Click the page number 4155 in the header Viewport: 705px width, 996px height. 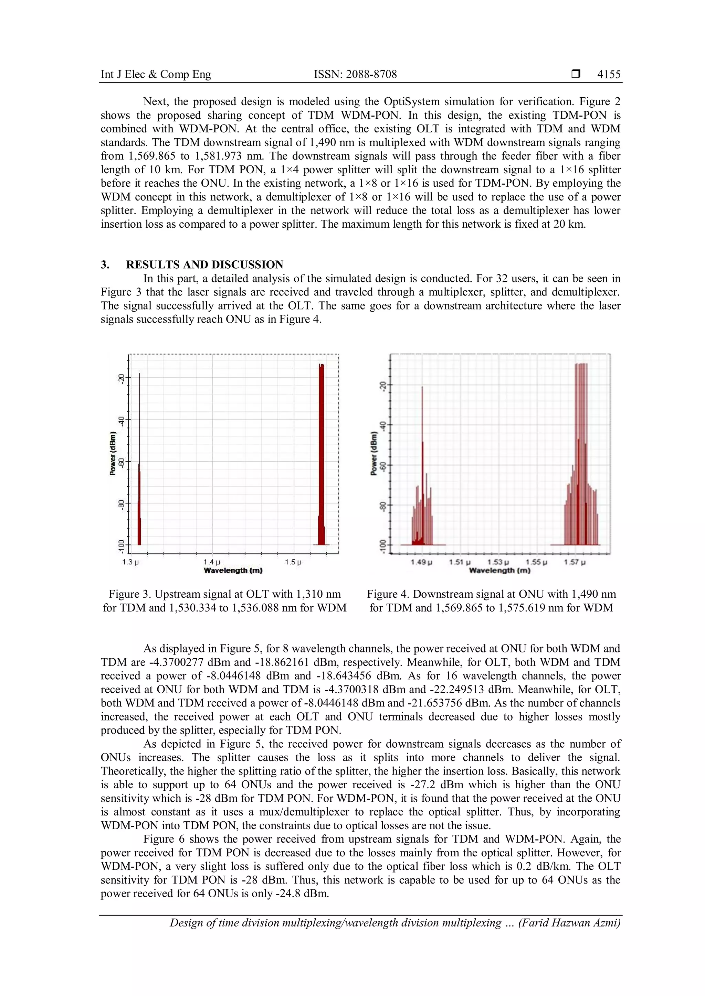click(x=609, y=75)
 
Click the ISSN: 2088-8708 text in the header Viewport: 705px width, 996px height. click(x=355, y=75)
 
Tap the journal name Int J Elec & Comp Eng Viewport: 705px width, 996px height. click(x=156, y=75)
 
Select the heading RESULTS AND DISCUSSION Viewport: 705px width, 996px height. click(x=204, y=264)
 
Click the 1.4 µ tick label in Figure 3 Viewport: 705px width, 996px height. click(x=212, y=562)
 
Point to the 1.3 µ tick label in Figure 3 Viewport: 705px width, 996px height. click(x=130, y=562)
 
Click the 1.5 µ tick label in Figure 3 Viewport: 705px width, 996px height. click(x=293, y=562)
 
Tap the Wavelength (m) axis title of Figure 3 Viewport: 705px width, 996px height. click(x=233, y=571)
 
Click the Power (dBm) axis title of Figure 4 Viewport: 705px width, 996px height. click(x=373, y=453)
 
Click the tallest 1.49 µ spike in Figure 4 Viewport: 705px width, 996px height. click(x=422, y=434)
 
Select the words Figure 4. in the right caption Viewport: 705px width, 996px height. click(x=388, y=594)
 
